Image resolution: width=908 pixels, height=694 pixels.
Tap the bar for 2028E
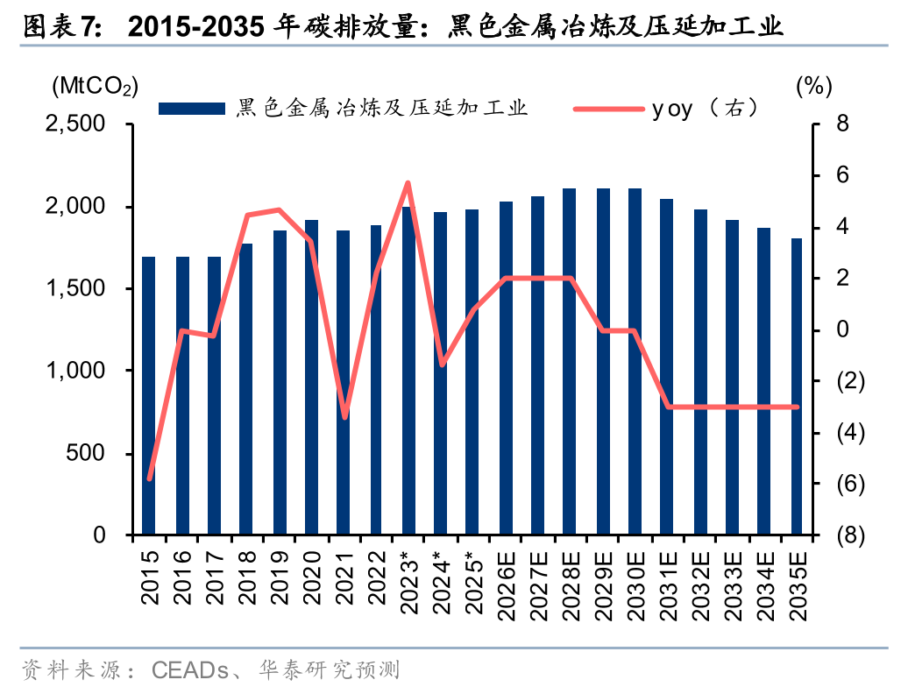(569, 361)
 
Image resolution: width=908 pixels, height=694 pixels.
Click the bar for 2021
(343, 382)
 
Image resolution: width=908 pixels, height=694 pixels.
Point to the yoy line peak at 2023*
(408, 182)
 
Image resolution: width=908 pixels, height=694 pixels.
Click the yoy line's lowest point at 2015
(149, 478)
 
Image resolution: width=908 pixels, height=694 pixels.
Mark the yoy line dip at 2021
(344, 417)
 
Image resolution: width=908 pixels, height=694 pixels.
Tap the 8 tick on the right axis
(818, 124)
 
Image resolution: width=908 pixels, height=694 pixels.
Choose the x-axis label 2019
(279, 577)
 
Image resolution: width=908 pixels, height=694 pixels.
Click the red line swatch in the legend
(608, 109)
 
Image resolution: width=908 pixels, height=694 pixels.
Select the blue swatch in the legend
(191, 109)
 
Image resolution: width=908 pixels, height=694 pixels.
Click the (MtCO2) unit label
(95, 86)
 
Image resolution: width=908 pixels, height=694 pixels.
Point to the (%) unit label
(812, 86)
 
